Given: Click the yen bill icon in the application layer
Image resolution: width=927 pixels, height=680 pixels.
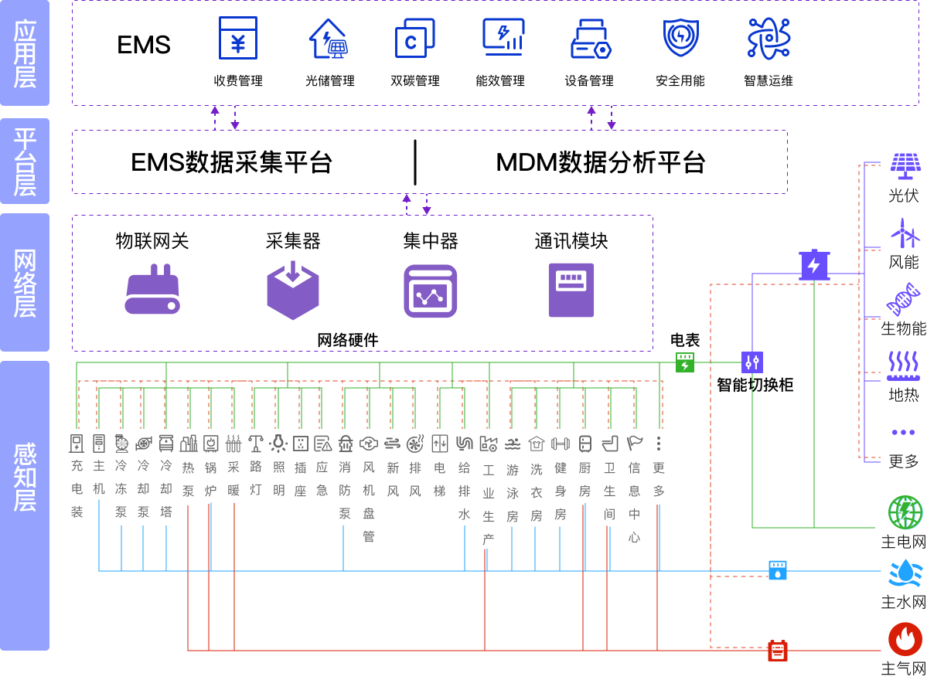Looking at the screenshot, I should (238, 38).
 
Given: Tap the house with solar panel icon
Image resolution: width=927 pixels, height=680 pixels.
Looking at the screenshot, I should (329, 39).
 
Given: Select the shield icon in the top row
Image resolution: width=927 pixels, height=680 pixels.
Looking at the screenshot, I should (681, 38).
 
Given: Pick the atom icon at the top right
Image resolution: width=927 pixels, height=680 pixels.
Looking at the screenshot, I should (769, 38).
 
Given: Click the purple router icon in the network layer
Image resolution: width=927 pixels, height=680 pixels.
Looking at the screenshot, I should (152, 291).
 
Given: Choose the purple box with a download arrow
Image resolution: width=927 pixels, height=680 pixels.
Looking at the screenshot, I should (293, 291).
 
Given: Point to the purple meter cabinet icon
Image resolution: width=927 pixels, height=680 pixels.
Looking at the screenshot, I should (571, 290).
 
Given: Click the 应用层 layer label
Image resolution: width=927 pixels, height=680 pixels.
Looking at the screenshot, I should (25, 53).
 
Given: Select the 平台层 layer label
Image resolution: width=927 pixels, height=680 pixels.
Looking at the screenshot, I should (25, 161).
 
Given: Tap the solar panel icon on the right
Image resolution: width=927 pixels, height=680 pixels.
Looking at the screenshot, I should (905, 165).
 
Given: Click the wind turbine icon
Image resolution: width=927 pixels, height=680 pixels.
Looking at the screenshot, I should (905, 233).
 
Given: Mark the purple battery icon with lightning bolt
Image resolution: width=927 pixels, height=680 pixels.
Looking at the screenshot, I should (814, 265).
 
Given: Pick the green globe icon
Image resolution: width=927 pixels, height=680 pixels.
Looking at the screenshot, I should (905, 512).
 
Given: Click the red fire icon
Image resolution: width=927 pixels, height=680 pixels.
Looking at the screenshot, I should (905, 639).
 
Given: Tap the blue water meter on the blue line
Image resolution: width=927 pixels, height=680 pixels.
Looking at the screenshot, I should (778, 570).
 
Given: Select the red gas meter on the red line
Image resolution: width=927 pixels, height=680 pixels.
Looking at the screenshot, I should (778, 651).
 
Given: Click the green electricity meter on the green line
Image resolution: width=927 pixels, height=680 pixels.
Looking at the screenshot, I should (685, 362).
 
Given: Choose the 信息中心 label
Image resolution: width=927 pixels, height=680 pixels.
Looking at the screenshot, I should (635, 501).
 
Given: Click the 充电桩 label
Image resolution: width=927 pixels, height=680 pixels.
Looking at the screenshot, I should (77, 488).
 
